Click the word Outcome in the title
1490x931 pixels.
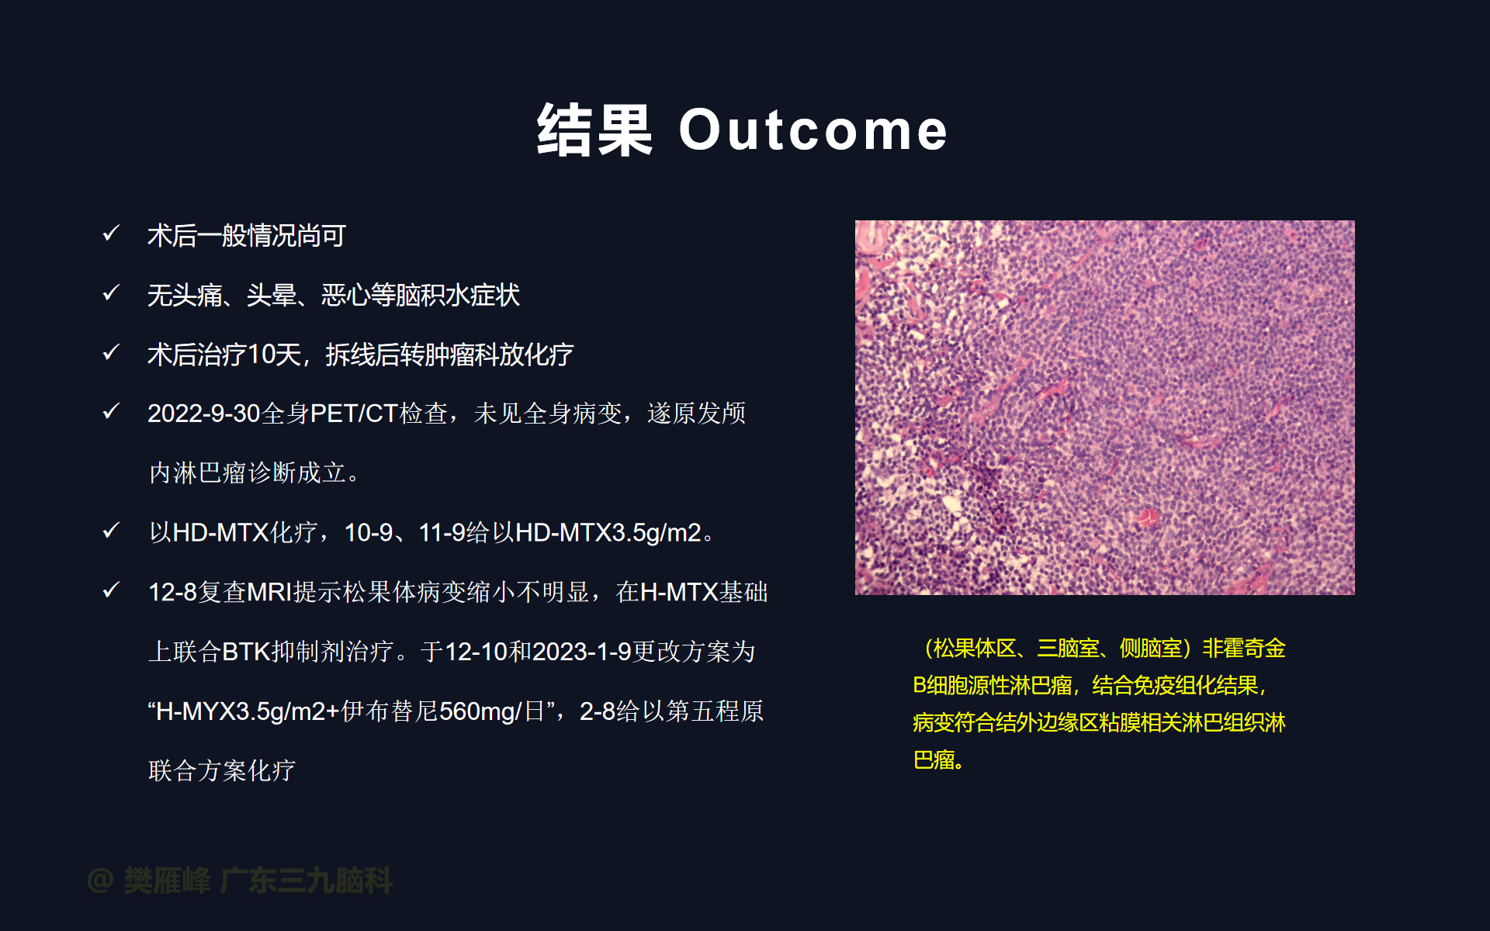813,130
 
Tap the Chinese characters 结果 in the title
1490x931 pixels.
594,130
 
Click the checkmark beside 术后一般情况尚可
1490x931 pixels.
111,233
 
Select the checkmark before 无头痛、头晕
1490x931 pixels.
111,292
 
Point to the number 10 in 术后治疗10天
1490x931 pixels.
262,355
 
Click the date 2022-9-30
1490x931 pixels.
204,414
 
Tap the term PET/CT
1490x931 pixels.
354,414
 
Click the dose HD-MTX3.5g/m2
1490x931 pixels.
608,533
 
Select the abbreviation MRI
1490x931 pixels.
269,592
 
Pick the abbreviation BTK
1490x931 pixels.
246,652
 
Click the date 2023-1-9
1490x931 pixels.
582,652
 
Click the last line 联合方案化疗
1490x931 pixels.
222,770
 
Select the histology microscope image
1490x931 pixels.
1104,407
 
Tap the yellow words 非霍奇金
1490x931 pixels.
1244,648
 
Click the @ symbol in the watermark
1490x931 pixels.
100,881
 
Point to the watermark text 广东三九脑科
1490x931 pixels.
307,881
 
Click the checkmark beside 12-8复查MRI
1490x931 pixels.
111,590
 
